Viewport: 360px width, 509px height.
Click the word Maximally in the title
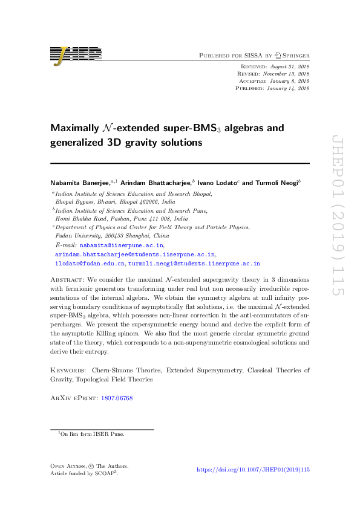coord(73,128)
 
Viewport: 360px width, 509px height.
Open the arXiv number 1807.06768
coord(117,398)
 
